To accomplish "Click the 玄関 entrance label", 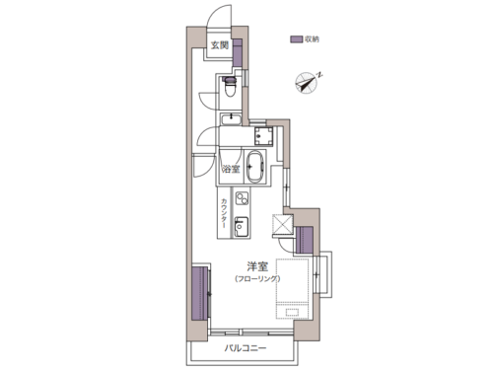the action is [x=220, y=45].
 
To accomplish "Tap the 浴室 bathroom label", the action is [x=231, y=169].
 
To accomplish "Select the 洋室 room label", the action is [x=257, y=266].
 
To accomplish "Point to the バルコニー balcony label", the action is [x=246, y=348].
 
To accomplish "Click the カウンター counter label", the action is [x=224, y=213].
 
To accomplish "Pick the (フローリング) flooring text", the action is [x=257, y=279].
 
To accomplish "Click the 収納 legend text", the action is [x=312, y=39].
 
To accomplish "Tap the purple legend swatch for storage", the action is [x=296, y=39].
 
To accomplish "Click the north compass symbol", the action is [x=308, y=82].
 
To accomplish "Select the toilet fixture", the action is [x=230, y=87].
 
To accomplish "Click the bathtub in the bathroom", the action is [x=255, y=167].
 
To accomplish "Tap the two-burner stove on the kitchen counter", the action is [x=242, y=198].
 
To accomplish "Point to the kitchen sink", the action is [x=242, y=226].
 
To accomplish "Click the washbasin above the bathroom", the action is [x=231, y=118].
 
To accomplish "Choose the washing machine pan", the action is [x=264, y=136].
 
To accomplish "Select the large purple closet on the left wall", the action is [x=199, y=293].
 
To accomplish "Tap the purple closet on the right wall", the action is [x=304, y=240].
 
